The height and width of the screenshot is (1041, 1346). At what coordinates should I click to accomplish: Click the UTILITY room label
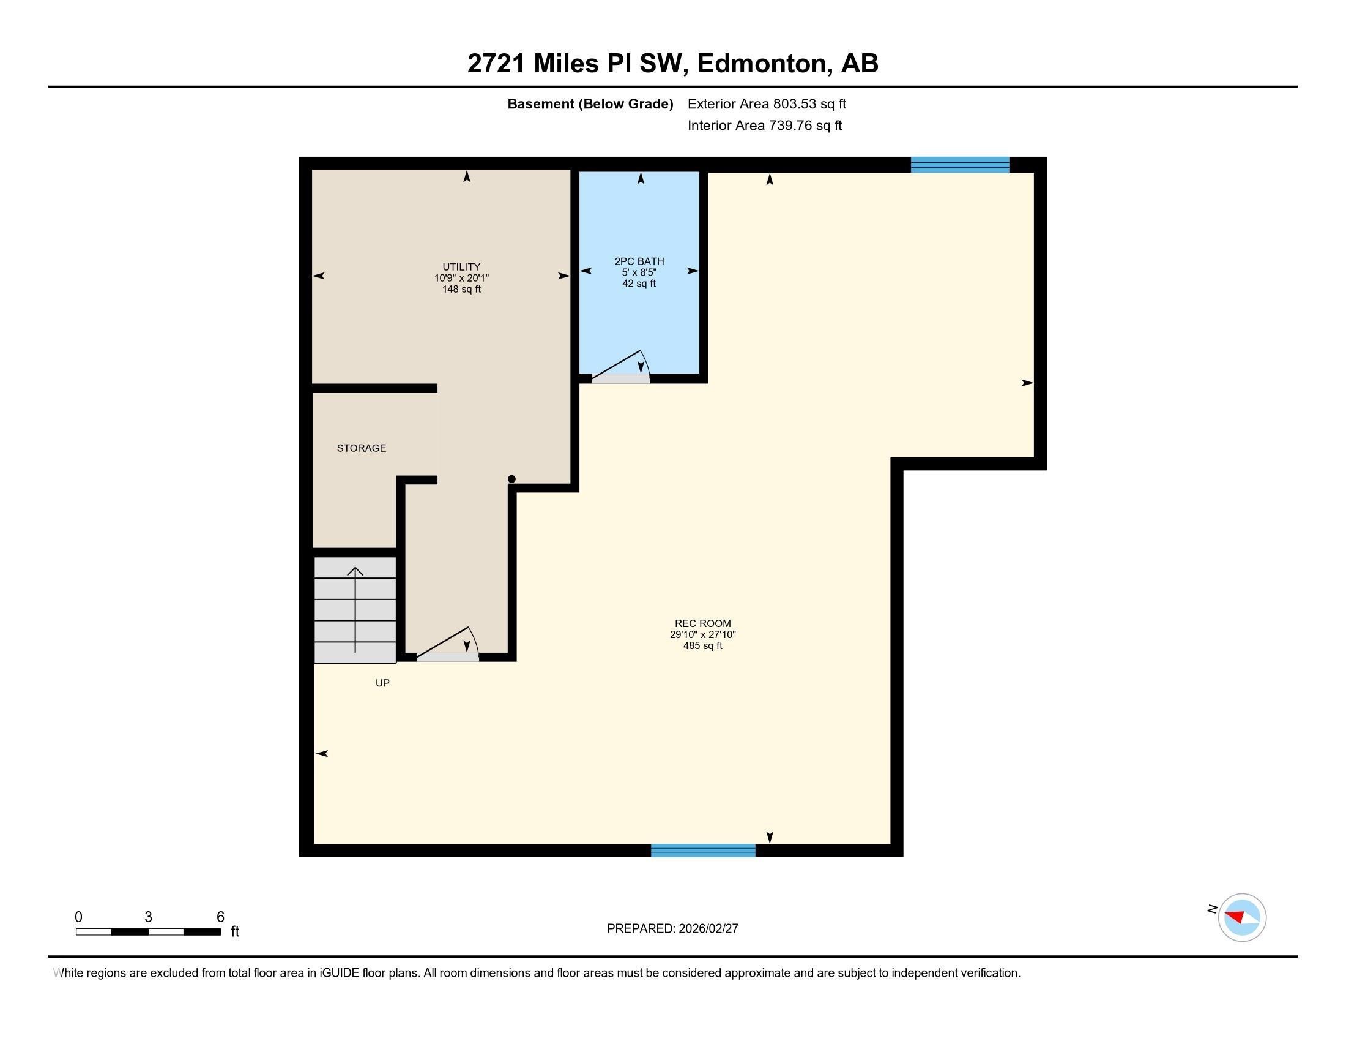(461, 267)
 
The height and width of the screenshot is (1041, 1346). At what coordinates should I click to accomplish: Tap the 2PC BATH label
(639, 261)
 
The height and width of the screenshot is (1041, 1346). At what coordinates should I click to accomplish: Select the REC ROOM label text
(702, 623)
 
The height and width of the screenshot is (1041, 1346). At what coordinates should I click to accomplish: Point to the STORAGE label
(361, 448)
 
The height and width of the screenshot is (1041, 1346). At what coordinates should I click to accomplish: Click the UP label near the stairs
(382, 683)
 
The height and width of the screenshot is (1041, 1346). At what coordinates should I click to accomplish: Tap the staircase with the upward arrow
(355, 609)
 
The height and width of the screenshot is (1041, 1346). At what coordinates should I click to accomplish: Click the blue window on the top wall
(959, 165)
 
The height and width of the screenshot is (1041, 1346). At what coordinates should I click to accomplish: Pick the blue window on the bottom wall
(702, 851)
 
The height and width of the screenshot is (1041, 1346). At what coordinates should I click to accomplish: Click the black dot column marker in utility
(511, 479)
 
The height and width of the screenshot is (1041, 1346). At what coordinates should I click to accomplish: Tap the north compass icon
(1241, 917)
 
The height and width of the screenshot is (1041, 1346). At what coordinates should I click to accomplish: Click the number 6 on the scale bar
(221, 917)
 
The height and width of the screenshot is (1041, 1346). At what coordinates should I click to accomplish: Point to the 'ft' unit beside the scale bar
(235, 931)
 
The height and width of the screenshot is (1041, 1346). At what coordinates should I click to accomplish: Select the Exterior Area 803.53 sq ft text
(767, 103)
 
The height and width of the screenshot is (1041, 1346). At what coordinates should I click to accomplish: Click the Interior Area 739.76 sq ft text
(764, 125)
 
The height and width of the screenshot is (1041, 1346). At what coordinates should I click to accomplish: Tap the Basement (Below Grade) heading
(590, 103)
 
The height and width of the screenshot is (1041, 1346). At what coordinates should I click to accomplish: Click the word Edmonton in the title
(762, 64)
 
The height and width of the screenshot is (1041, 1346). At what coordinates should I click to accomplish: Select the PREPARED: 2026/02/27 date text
(672, 928)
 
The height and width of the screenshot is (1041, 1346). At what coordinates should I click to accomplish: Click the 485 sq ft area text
(702, 645)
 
